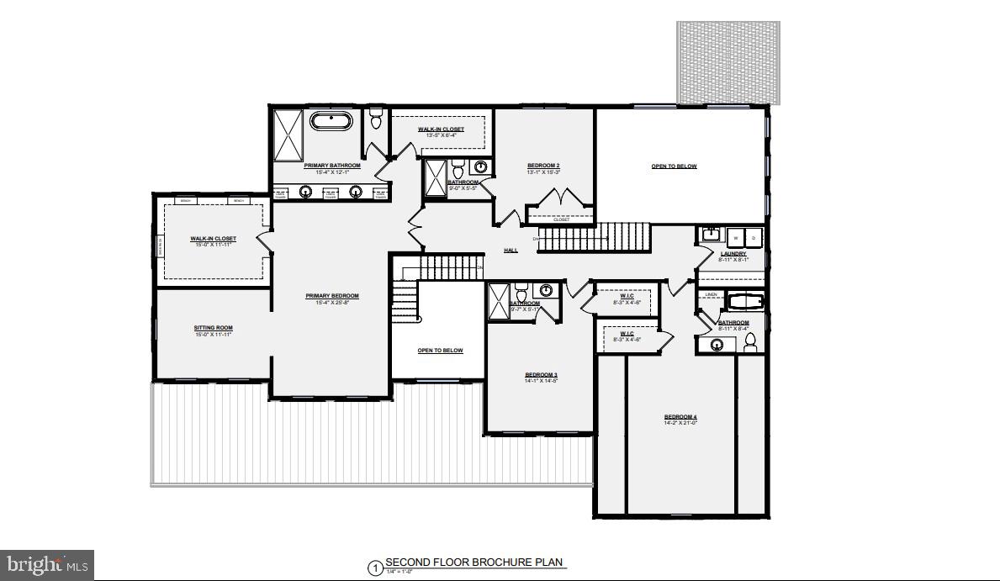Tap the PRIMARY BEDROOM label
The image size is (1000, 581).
click(331, 296)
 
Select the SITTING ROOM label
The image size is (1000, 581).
click(213, 328)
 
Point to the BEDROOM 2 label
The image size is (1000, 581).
click(543, 165)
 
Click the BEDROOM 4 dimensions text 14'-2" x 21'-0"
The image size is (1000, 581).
click(680, 423)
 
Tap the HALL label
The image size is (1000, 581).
click(511, 251)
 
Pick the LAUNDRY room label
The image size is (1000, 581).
click(733, 254)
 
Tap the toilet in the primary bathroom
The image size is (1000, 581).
click(376, 119)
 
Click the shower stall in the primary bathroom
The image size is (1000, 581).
click(287, 135)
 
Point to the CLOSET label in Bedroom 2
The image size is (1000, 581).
click(561, 219)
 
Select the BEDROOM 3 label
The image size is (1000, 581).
click(542, 375)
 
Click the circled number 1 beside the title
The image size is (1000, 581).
click(374, 568)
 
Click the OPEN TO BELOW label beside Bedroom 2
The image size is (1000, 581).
click(674, 166)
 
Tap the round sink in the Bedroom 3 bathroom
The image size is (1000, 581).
click(547, 292)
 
